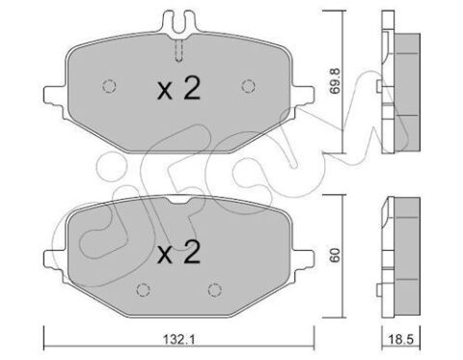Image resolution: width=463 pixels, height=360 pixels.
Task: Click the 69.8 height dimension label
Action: (x=336, y=81)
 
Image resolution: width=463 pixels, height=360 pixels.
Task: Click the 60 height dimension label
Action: (x=335, y=255)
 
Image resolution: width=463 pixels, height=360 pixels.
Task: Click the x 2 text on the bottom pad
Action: (x=178, y=253)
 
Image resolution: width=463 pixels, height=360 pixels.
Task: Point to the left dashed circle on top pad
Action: (x=109, y=86)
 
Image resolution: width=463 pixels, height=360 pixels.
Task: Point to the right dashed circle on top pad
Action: (x=248, y=86)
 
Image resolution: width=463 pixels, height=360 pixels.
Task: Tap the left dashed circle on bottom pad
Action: (x=144, y=290)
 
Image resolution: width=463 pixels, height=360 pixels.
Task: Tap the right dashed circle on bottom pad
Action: (x=215, y=290)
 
